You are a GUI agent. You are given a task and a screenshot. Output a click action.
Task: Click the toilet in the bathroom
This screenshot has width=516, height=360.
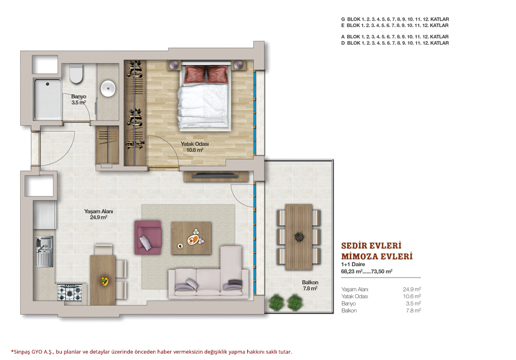pyautogui.click(x=76, y=74)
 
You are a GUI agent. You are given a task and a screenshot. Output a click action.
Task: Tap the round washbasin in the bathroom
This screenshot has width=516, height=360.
pyautogui.click(x=108, y=88)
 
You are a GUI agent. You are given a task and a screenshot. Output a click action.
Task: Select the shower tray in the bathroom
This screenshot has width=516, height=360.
pyautogui.click(x=48, y=99)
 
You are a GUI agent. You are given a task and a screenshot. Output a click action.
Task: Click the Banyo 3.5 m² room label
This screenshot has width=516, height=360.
pyautogui.click(x=79, y=99)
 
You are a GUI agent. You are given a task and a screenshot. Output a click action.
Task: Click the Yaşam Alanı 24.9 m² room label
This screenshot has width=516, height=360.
pyautogui.click(x=99, y=214)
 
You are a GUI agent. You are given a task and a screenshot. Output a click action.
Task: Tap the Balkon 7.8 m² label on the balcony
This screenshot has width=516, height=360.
pyautogui.click(x=310, y=285)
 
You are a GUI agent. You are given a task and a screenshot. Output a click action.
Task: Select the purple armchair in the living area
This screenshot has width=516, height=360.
pyautogui.click(x=148, y=238)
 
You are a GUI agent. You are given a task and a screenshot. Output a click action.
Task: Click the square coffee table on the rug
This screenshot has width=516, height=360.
pyautogui.click(x=191, y=238)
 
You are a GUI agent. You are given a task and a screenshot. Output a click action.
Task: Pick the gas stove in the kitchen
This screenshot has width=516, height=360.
pyautogui.click(x=70, y=293)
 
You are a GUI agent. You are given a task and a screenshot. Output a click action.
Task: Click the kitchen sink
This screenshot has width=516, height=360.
pyautogui.click(x=44, y=252)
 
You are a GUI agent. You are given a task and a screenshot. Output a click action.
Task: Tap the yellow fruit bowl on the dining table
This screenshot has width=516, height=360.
pyautogui.click(x=104, y=281)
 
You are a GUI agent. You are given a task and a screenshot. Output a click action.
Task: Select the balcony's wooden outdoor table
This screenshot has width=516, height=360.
pyautogui.click(x=299, y=237)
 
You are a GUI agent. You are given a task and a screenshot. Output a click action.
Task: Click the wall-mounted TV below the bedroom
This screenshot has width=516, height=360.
pyautogui.click(x=215, y=176)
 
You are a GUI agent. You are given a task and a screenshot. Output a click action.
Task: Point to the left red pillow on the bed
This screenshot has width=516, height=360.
pyautogui.click(x=195, y=74)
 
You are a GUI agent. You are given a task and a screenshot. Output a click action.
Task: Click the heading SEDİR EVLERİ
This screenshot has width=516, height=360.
pyautogui.click(x=371, y=246)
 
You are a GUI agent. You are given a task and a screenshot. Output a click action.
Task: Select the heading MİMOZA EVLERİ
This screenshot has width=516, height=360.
pyautogui.click(x=377, y=256)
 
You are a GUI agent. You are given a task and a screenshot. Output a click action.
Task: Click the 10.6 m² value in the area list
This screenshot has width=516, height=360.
pyautogui.click(x=412, y=296)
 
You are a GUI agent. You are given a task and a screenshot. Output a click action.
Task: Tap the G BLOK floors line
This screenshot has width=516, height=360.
pyautogui.click(x=395, y=19)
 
